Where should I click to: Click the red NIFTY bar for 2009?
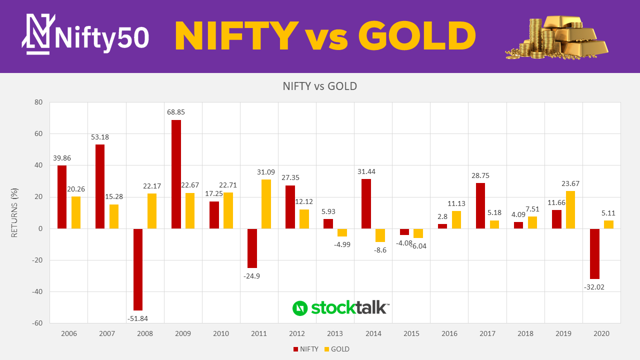176,174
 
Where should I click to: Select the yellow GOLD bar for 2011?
266,204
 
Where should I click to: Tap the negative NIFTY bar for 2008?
138,269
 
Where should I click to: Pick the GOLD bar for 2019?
570,210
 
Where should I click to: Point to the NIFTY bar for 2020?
594,253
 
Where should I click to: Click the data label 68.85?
176,112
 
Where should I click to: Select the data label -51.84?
137,318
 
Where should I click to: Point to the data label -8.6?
380,250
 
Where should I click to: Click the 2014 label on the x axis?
373,333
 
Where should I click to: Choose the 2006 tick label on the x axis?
69,333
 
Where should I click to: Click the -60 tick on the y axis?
37,323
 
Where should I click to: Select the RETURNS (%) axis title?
15,212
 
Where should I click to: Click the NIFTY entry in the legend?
305,349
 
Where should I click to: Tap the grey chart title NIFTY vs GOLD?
320,86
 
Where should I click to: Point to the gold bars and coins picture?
557,37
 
